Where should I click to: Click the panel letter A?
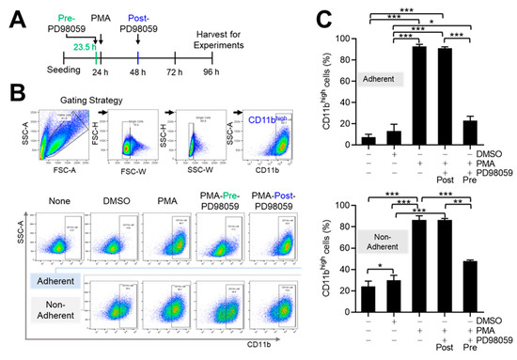10,13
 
